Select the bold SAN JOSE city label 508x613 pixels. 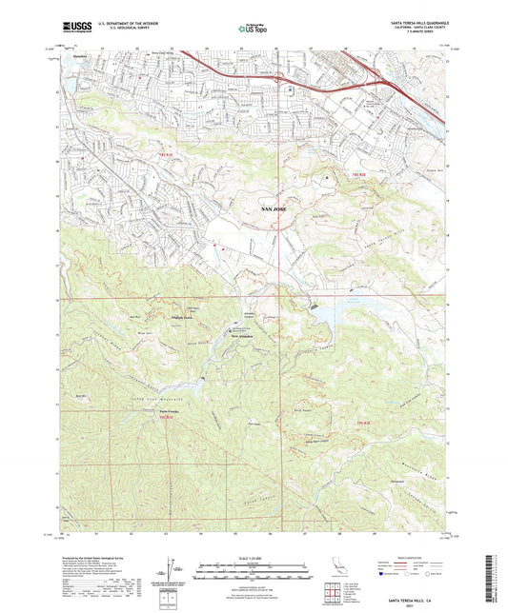click(x=273, y=206)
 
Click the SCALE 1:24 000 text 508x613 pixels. click(x=254, y=557)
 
